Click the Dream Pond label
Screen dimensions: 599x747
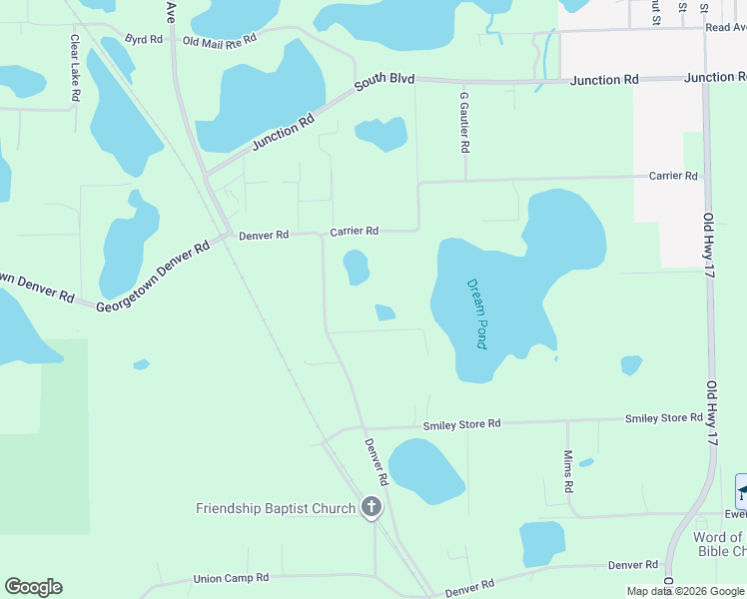[476, 312]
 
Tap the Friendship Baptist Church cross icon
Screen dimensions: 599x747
[372, 507]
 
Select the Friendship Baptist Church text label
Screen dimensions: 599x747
[275, 508]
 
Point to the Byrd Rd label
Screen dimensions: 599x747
[144, 39]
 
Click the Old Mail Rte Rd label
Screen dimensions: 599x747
[220, 41]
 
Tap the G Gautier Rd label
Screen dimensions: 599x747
[464, 122]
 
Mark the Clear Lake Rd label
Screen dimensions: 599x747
[75, 68]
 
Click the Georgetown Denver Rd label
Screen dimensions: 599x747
[152, 274]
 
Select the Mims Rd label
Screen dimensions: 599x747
[568, 471]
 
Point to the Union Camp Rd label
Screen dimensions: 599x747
[232, 577]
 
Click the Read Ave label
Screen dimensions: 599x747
[725, 28]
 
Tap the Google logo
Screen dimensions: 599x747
[33, 587]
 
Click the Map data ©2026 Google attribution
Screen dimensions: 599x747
[685, 591]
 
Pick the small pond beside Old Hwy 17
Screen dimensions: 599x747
[630, 365]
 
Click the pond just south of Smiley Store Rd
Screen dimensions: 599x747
[426, 470]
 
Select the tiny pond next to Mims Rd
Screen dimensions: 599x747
[586, 462]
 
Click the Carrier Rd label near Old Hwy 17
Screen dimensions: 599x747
[673, 176]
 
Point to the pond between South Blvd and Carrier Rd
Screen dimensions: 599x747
[381, 134]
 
